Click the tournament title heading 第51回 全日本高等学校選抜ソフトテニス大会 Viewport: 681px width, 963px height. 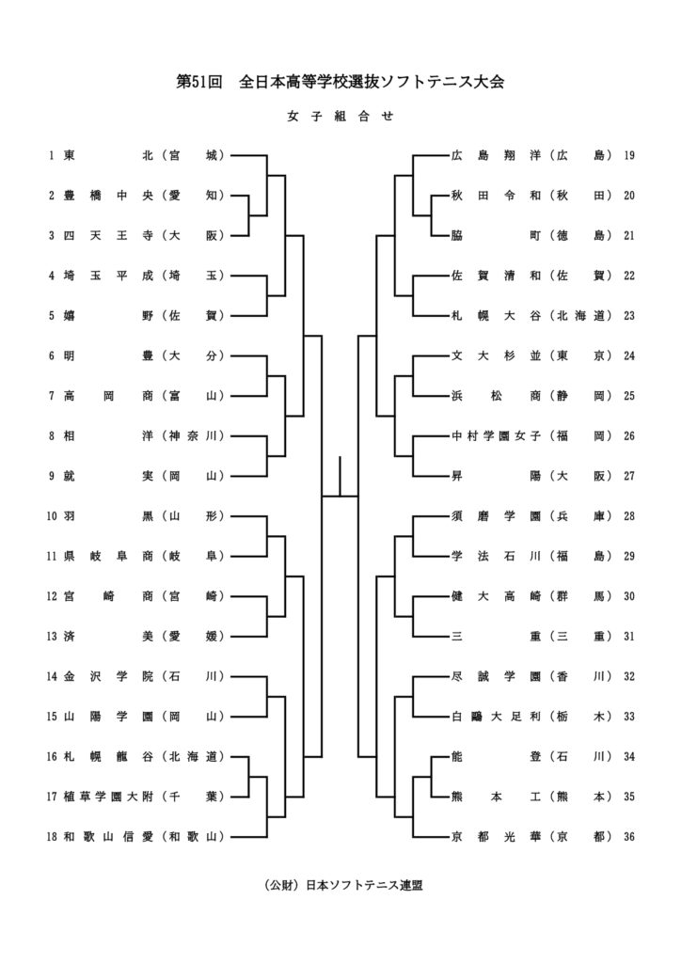(x=340, y=82)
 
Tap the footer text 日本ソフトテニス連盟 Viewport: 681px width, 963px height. (x=340, y=885)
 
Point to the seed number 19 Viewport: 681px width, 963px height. (x=629, y=155)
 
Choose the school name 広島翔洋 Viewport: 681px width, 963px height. (x=495, y=155)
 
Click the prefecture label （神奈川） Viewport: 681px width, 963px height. (x=193, y=435)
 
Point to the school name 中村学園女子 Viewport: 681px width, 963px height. (x=495, y=435)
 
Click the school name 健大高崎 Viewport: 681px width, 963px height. (x=495, y=596)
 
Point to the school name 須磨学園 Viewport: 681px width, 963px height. (x=495, y=516)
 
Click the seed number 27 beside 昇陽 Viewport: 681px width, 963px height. (x=629, y=476)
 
